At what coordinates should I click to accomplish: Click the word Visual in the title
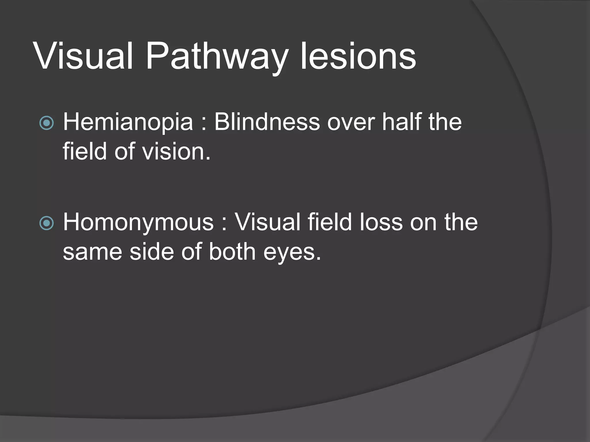[x=83, y=56]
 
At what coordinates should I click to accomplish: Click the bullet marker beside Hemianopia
[x=46, y=123]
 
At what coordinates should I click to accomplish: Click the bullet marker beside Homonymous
[x=46, y=223]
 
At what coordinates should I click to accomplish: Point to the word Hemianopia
[x=128, y=122]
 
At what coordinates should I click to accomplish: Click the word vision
[x=176, y=151]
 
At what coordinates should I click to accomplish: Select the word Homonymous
[x=138, y=222]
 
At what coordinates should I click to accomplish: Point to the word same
[x=92, y=252]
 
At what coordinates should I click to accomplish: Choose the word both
[x=232, y=252]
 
